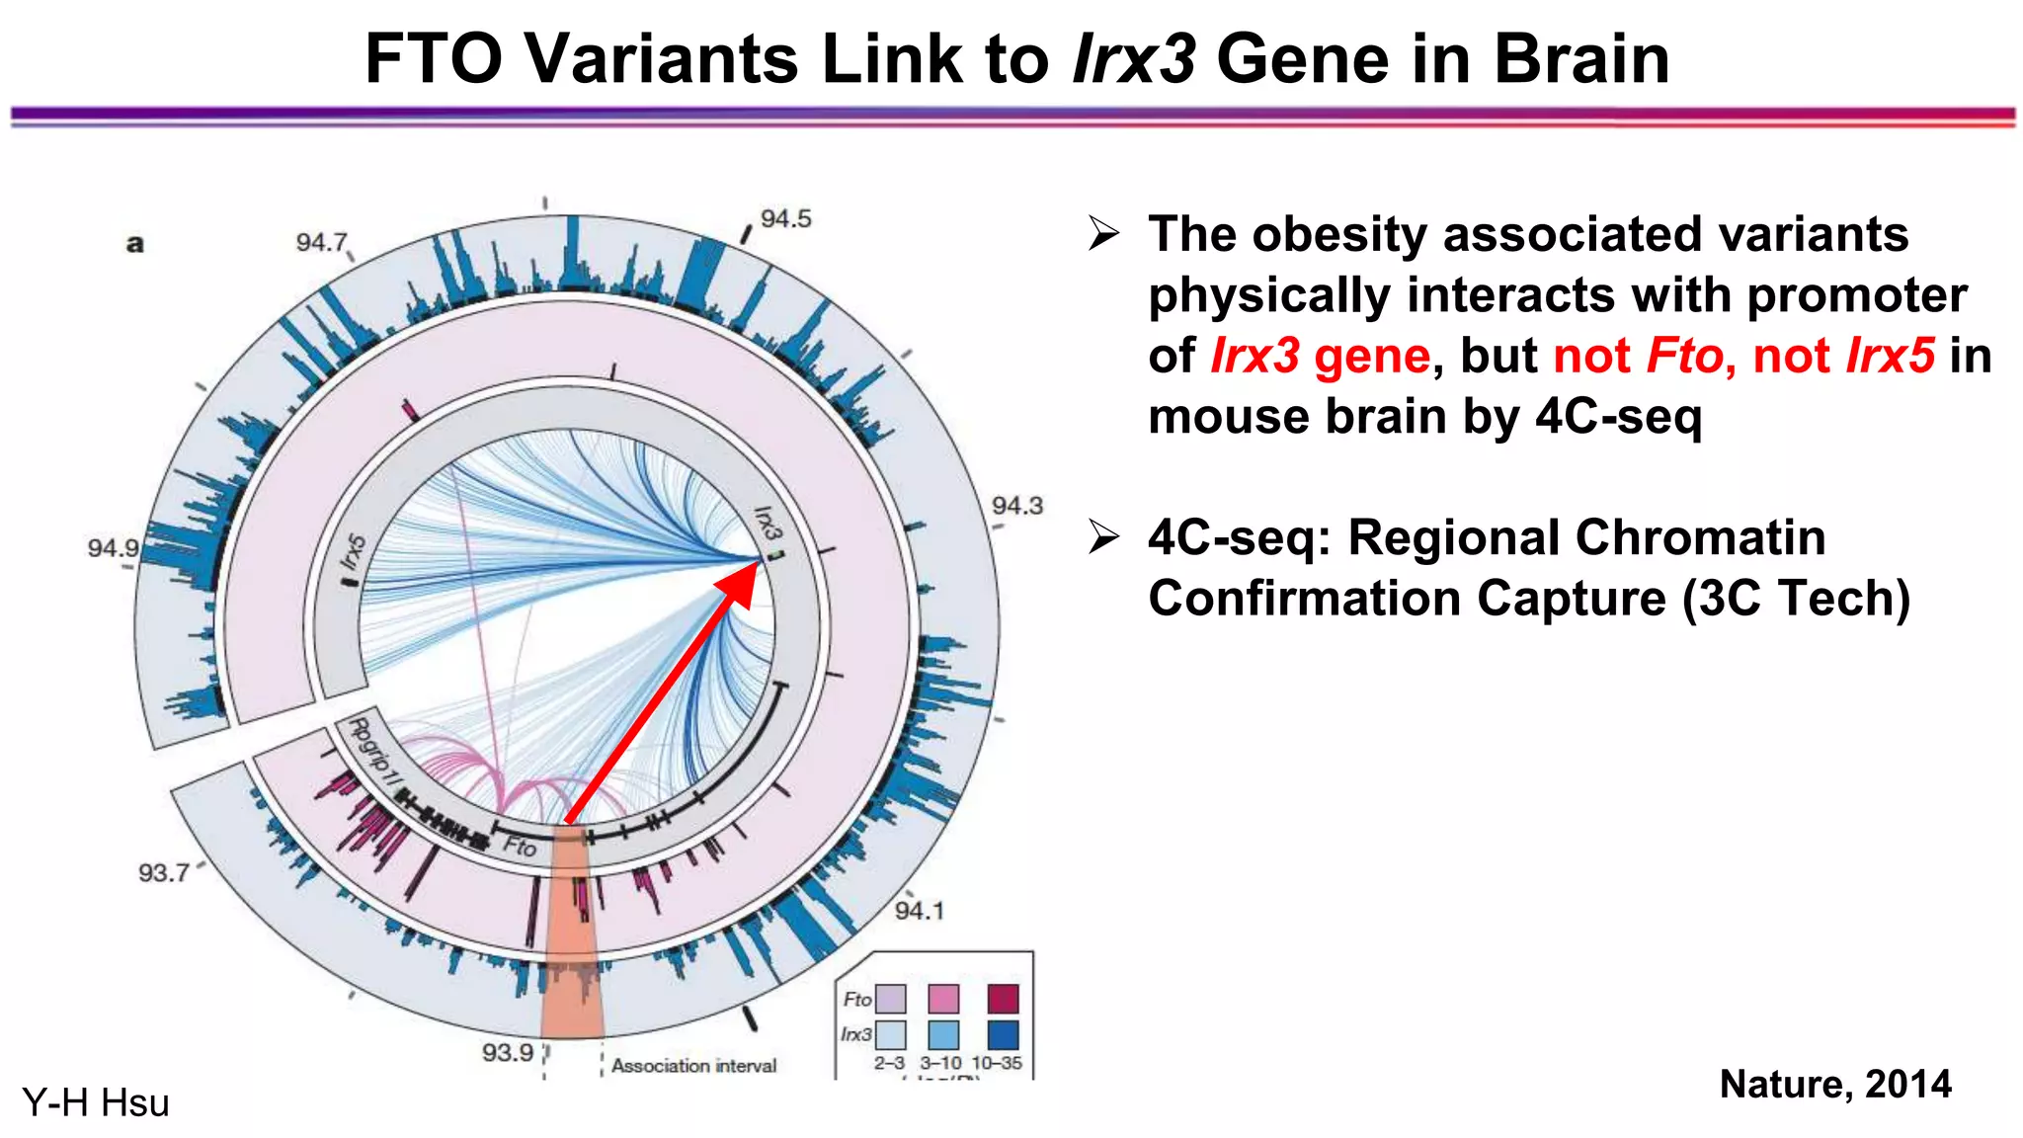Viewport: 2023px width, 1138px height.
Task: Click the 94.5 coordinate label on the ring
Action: [785, 218]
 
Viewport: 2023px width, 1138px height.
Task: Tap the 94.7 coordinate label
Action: [322, 242]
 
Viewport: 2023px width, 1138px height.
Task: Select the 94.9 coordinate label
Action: [113, 547]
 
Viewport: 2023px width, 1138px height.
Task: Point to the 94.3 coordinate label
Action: [1016, 506]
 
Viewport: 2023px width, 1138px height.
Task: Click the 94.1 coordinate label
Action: [919, 911]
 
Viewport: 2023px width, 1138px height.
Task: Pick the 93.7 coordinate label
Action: [163, 872]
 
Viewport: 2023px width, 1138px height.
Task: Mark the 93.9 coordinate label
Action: [508, 1052]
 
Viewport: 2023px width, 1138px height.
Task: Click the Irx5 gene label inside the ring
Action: [353, 553]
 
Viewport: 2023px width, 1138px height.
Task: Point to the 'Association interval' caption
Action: [693, 1066]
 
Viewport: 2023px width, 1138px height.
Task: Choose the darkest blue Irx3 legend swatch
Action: [1003, 1034]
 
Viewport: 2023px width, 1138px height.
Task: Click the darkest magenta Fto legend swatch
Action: [1003, 999]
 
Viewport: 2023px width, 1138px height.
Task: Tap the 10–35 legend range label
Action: [997, 1063]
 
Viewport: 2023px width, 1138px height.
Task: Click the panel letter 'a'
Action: [135, 243]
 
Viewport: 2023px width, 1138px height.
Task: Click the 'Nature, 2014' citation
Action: [1835, 1084]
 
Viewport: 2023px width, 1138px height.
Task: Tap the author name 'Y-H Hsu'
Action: [96, 1102]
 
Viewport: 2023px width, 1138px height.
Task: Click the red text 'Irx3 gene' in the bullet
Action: [1320, 356]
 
